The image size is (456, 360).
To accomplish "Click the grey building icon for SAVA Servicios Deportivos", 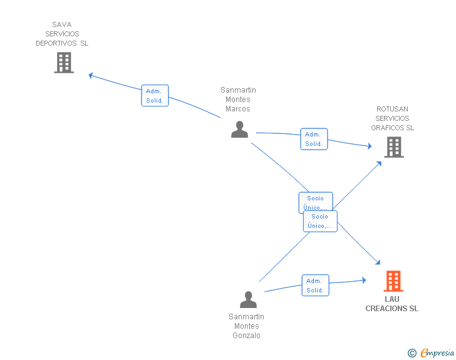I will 64,63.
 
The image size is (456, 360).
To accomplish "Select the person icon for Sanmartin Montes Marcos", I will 239,129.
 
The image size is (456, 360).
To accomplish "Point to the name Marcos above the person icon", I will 238,109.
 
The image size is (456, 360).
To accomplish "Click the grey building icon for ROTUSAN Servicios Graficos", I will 393,147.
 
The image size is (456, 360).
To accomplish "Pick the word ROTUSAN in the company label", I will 392,109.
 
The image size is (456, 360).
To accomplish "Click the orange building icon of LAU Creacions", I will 393,281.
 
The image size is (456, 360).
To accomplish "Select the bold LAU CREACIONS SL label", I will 392,304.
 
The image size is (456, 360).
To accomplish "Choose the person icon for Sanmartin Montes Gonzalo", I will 248,299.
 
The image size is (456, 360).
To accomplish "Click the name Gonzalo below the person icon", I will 246,336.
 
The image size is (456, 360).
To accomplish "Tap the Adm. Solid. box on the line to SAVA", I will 155,96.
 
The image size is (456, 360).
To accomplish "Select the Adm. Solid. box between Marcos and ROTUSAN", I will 314,139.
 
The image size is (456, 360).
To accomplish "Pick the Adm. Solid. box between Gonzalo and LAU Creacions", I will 315,285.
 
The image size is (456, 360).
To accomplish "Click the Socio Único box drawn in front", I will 320,221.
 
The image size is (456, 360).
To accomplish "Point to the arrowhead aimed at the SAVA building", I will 91,75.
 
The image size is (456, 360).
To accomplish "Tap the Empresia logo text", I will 437,353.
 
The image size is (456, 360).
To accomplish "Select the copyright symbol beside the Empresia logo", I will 412,354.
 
